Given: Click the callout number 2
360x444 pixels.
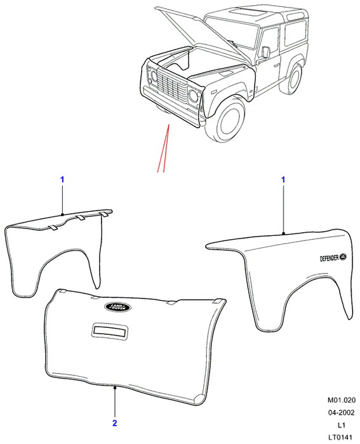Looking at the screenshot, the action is click(x=114, y=423).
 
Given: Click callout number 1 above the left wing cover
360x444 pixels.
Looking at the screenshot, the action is click(x=62, y=180).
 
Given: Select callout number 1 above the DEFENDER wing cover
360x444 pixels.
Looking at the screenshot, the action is click(x=283, y=180).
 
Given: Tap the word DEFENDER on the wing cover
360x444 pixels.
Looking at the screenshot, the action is click(x=329, y=258).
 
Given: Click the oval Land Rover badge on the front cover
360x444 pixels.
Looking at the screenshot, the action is click(x=117, y=307).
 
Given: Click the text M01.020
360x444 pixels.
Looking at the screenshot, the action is click(x=342, y=400).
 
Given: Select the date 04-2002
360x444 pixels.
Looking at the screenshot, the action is click(x=342, y=412).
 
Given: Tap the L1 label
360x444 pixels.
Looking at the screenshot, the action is click(x=342, y=425).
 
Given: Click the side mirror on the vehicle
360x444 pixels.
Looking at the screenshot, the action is click(x=266, y=52).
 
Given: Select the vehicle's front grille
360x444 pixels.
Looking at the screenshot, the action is click(x=172, y=84).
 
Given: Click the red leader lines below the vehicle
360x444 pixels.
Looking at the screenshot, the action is click(x=164, y=148).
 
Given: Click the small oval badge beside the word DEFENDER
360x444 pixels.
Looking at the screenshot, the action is click(x=343, y=256).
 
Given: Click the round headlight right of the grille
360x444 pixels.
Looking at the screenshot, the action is click(x=194, y=95).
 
